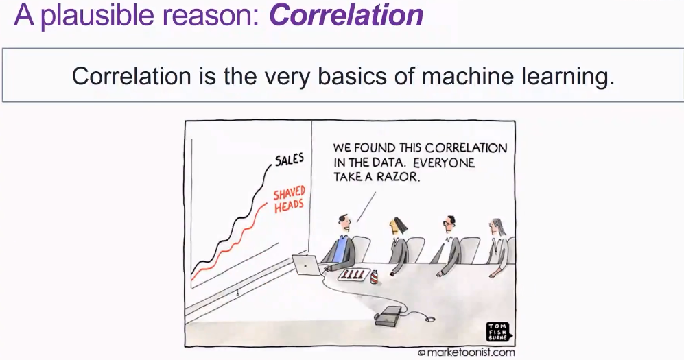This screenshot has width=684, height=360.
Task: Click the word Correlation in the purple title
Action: (x=346, y=14)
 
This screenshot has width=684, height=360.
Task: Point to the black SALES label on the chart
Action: (x=290, y=160)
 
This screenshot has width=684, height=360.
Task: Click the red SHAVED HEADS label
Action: (x=289, y=199)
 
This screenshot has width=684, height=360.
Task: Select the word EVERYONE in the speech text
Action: (x=444, y=163)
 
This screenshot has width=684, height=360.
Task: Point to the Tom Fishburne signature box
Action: (x=498, y=332)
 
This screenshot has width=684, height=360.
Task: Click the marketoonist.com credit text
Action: (x=466, y=352)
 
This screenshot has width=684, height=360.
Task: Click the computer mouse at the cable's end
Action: (x=429, y=320)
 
